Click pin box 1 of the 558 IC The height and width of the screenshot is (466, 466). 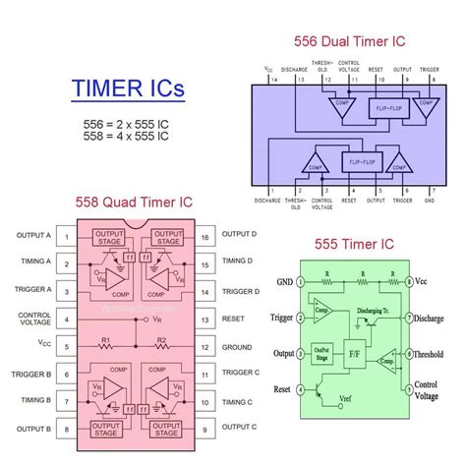[66, 236]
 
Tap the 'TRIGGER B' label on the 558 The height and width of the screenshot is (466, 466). [28, 373]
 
